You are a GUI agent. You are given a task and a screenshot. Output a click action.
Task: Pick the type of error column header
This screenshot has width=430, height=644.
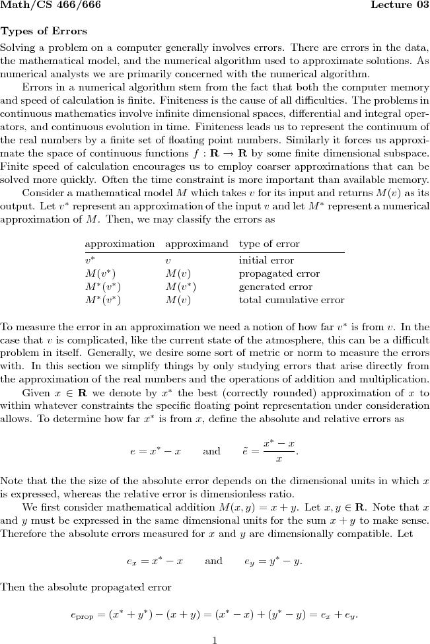pos(269,244)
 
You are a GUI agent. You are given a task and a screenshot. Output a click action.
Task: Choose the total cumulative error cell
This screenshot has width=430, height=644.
pos(291,300)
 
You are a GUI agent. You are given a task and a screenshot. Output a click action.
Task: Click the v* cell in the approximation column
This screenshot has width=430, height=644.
pos(90,260)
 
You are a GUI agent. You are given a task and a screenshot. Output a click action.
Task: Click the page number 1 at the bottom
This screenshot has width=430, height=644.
pos(215,639)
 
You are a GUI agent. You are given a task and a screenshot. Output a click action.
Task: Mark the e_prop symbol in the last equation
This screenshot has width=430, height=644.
pos(83,616)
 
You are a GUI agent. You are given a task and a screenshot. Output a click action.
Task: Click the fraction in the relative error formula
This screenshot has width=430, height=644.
pos(278,450)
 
